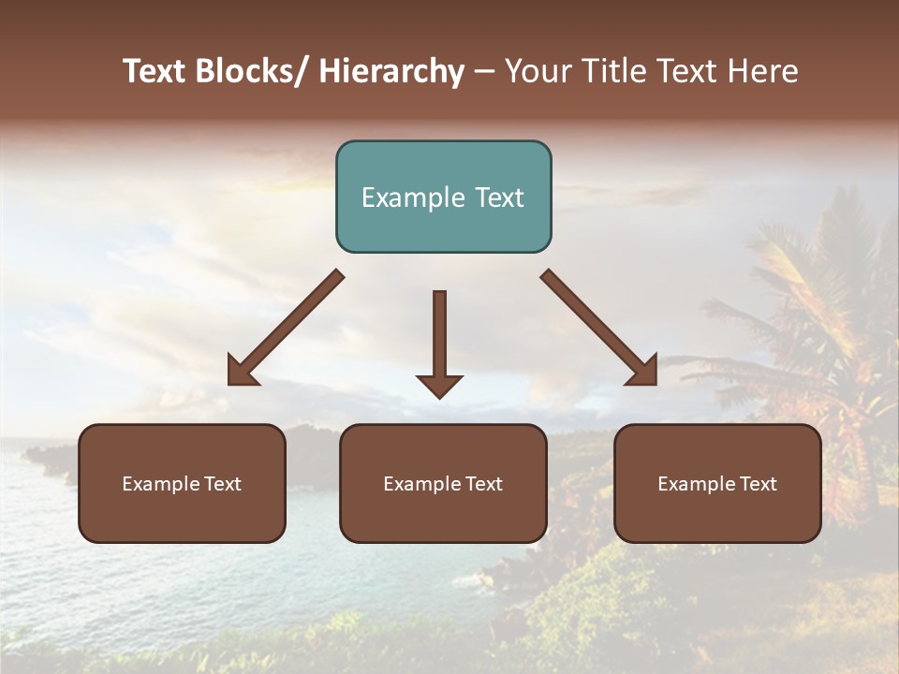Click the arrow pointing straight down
coord(439,342)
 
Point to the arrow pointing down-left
coord(286,329)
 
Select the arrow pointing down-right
coord(599,329)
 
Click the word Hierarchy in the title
coord(391,72)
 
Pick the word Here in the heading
coord(766,72)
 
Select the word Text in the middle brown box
coord(483,484)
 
